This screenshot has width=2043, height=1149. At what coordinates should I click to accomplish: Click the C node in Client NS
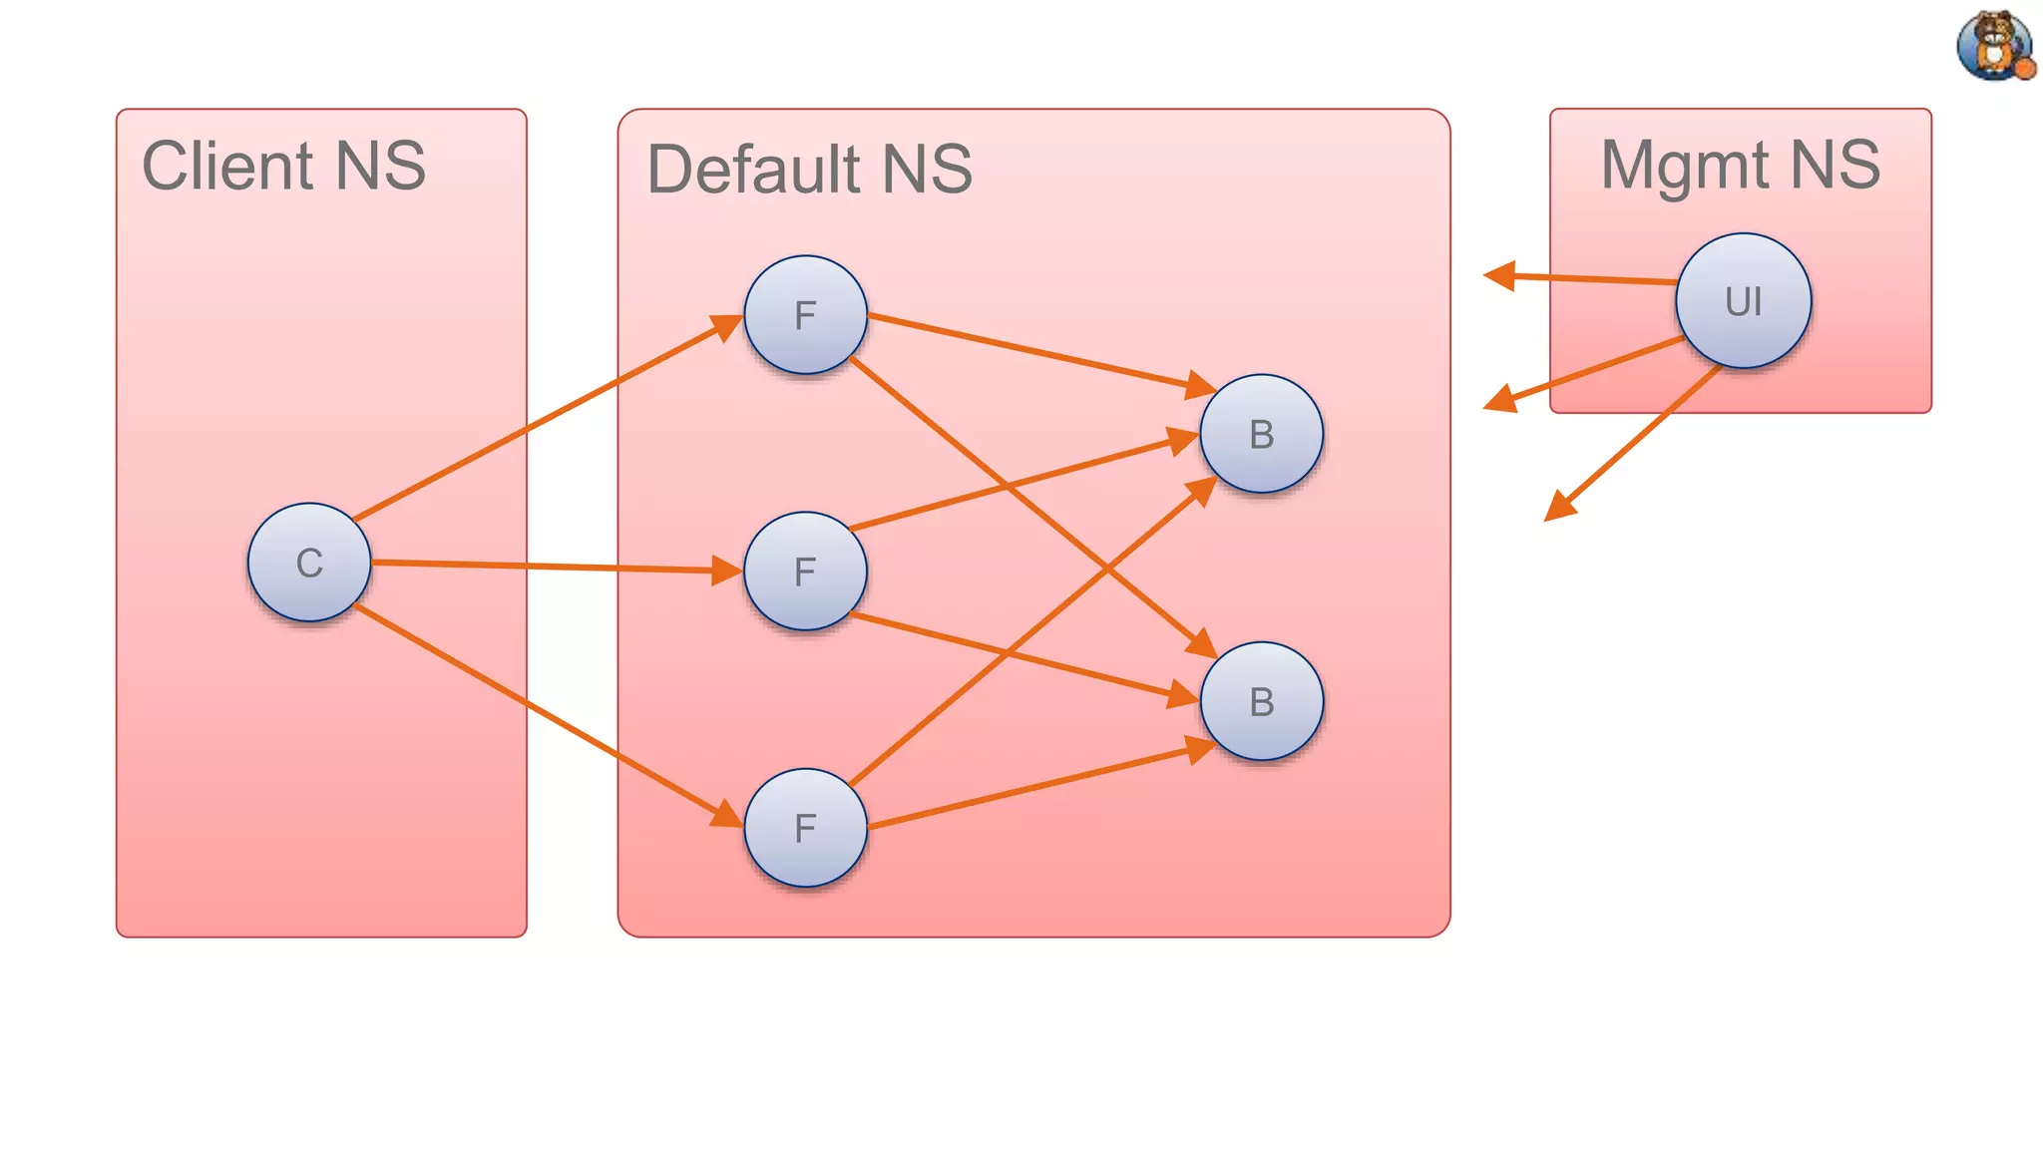(309, 563)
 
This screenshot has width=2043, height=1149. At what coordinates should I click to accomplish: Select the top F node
(805, 315)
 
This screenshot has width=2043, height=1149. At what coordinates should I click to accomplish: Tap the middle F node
(805, 572)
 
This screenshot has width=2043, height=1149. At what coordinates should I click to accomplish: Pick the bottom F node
(805, 828)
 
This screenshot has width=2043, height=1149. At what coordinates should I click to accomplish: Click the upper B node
(1261, 434)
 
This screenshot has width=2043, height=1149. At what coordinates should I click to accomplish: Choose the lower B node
(1261, 701)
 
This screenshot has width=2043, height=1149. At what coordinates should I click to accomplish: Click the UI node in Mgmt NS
(1743, 300)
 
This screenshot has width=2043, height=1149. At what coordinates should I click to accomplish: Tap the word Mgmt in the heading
(1684, 166)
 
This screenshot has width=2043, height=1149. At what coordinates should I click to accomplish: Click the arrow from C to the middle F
(549, 567)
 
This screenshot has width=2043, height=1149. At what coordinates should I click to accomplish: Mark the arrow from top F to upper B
(1037, 351)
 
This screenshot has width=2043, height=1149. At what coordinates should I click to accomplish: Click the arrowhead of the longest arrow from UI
(1558, 508)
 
